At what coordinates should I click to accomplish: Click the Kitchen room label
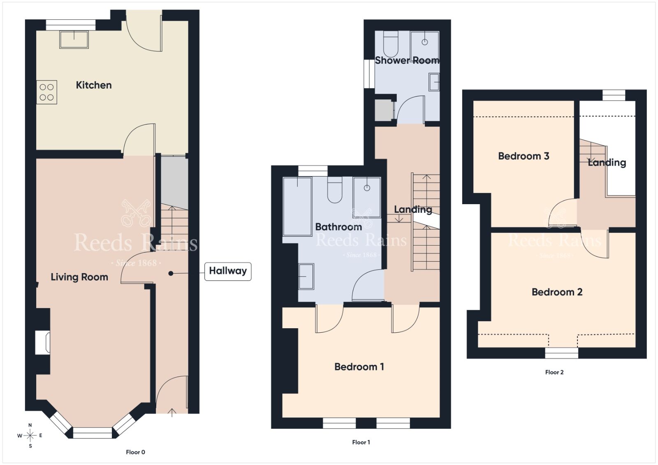(x=94, y=85)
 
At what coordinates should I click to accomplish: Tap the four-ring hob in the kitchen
(x=47, y=92)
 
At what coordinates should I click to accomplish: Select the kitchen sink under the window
(x=74, y=39)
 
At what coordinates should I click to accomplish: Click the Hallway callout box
(x=228, y=272)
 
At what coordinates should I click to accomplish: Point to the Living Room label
(x=79, y=277)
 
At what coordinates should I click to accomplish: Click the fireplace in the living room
(x=43, y=342)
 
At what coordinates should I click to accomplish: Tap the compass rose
(x=30, y=436)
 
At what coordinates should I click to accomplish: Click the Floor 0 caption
(x=135, y=452)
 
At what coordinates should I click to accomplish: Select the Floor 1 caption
(x=361, y=442)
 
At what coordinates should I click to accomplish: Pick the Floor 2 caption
(x=554, y=372)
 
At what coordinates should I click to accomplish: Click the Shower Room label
(x=407, y=60)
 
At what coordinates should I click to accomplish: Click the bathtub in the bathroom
(x=297, y=207)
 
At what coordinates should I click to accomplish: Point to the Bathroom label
(x=338, y=227)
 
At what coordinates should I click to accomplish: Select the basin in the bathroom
(x=306, y=276)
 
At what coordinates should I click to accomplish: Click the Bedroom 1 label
(x=359, y=367)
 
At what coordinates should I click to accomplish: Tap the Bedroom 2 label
(x=557, y=292)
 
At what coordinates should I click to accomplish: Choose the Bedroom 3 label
(x=524, y=156)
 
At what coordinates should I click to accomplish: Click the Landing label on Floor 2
(x=607, y=163)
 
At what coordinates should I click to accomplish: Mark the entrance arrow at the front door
(x=172, y=412)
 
